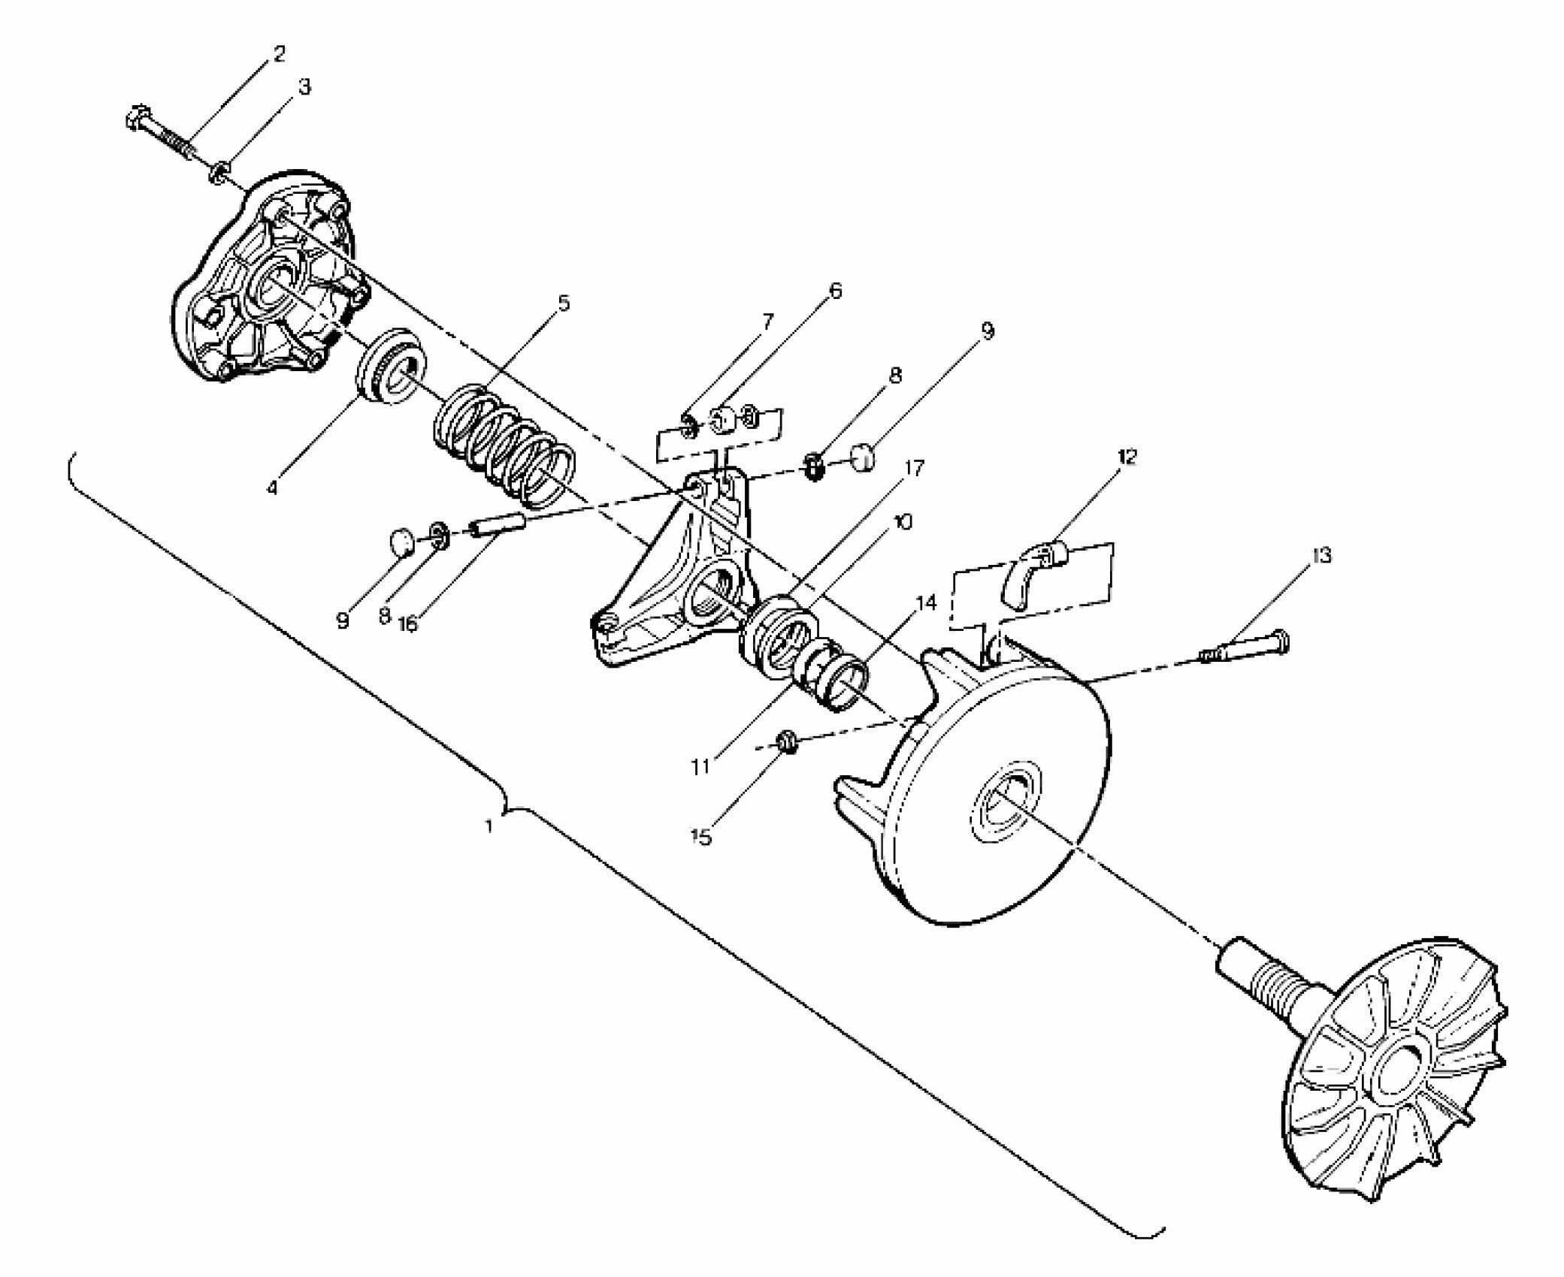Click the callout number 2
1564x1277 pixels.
[279, 54]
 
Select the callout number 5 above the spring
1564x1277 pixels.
[564, 303]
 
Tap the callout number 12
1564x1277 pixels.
[1127, 457]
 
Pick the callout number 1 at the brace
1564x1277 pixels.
[489, 826]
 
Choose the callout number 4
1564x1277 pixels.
[272, 488]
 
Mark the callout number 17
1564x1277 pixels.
[915, 469]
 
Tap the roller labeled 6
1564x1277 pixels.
[724, 420]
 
